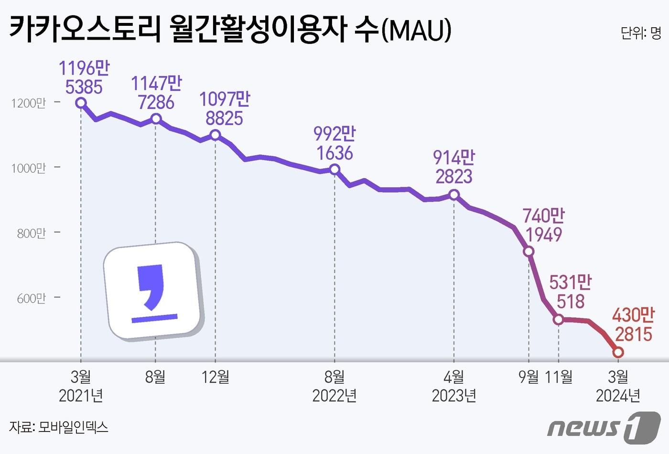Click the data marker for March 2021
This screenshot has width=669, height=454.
81,103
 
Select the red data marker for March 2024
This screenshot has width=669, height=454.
618,352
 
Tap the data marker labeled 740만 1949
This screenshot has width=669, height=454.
529,251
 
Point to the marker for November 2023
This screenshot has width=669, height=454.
558,319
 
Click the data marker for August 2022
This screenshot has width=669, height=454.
334,169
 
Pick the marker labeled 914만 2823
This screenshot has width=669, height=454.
454,195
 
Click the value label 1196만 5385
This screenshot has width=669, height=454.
84,77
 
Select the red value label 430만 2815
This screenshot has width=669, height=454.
633,325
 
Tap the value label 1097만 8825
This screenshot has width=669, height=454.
225,108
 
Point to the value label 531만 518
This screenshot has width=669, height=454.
570,292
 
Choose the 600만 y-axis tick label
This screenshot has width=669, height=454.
31,298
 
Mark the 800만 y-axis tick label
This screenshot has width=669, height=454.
31,233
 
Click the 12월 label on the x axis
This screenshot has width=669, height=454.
216,377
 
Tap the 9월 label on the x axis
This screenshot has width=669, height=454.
529,377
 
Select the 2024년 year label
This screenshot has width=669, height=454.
618,396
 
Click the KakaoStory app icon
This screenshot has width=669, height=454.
154,292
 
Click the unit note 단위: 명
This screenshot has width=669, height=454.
640,33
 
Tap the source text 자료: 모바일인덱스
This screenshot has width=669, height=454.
58,427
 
